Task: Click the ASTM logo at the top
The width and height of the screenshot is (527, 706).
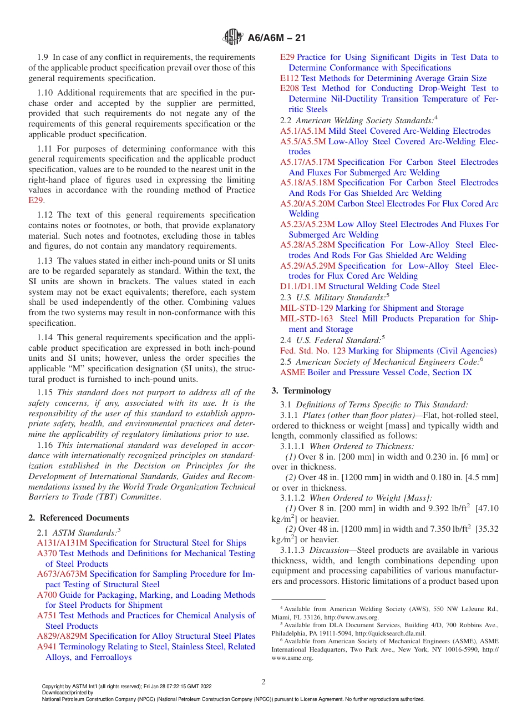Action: (x=233, y=38)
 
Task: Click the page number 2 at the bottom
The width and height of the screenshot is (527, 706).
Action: (x=263, y=682)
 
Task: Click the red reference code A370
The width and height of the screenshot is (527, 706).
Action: (x=47, y=553)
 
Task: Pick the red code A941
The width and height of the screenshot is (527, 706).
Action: (x=47, y=647)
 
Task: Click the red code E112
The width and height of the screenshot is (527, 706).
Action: (x=290, y=78)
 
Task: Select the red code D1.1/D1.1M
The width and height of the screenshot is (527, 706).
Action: (x=303, y=286)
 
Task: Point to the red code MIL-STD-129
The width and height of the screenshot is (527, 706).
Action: (x=307, y=308)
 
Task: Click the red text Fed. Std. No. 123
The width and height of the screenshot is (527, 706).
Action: (x=313, y=351)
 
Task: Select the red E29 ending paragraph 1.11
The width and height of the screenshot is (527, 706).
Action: (x=36, y=200)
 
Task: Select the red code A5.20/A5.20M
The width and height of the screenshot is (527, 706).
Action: (x=307, y=204)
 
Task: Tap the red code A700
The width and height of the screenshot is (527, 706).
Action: (x=47, y=595)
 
